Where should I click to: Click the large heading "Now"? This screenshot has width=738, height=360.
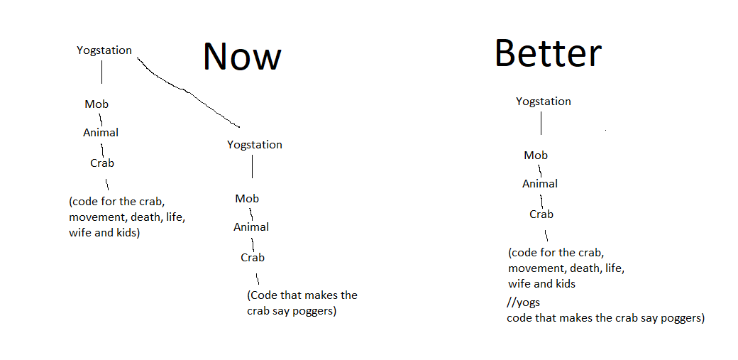point(242,56)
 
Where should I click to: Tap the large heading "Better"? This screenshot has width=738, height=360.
point(548,53)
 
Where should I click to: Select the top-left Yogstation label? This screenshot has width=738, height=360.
point(104,50)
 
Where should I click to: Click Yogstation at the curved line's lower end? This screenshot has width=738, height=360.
point(255,145)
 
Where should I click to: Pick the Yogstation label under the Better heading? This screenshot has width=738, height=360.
point(544,102)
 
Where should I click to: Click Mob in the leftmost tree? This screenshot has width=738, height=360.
point(97,104)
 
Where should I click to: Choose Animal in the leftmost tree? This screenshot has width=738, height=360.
point(101,133)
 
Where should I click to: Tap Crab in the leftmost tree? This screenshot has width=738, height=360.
point(102,163)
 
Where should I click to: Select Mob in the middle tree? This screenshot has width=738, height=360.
point(247,199)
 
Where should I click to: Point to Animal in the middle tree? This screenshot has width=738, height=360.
point(251,227)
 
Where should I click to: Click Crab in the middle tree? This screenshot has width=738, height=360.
point(253,258)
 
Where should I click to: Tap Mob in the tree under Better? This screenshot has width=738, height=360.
point(536,156)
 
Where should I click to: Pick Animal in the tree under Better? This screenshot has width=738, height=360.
point(540,184)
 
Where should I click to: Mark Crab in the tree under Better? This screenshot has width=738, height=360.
point(541,214)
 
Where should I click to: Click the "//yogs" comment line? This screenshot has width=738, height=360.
point(524,302)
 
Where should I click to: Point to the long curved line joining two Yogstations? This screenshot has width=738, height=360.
point(186,91)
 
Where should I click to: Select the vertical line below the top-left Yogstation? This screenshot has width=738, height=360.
point(102,72)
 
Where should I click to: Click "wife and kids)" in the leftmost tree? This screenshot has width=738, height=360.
point(104,233)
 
